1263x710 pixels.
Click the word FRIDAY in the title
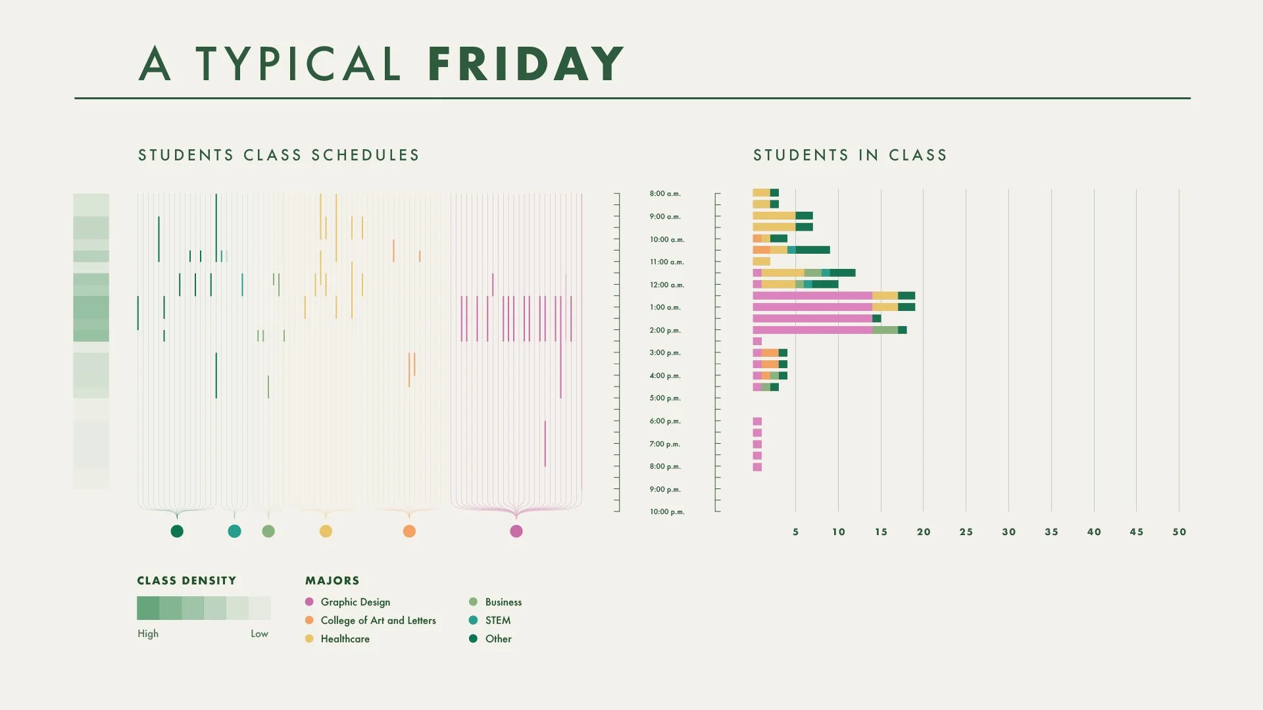pyautogui.click(x=525, y=64)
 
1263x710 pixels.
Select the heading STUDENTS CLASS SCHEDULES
pyautogui.click(x=278, y=155)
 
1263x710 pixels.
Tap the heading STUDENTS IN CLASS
pyautogui.click(x=850, y=155)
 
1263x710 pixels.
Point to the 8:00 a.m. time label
pyautogui.click(x=665, y=194)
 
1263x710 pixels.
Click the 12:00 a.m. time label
pyautogui.click(x=666, y=285)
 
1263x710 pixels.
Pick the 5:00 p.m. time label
pyautogui.click(x=665, y=398)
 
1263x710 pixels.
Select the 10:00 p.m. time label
pyautogui.click(x=666, y=512)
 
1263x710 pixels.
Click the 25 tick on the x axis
pyautogui.click(x=966, y=532)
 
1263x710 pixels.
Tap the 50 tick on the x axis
pyautogui.click(x=1179, y=532)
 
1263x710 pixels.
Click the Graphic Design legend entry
pyautogui.click(x=355, y=602)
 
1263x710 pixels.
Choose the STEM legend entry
pyautogui.click(x=497, y=621)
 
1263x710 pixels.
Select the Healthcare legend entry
pyautogui.click(x=345, y=639)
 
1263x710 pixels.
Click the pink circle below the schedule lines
pyautogui.click(x=516, y=531)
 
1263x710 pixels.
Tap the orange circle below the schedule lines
pyautogui.click(x=409, y=531)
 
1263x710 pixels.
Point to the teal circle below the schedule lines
pyautogui.click(x=234, y=531)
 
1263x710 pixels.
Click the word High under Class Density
pyautogui.click(x=148, y=634)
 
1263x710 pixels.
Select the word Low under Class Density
pyautogui.click(x=259, y=634)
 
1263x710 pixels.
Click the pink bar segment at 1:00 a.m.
pyautogui.click(x=812, y=307)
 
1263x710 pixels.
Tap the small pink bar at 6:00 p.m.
pyautogui.click(x=757, y=421)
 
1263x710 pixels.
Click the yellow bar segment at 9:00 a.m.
pyautogui.click(x=774, y=216)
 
